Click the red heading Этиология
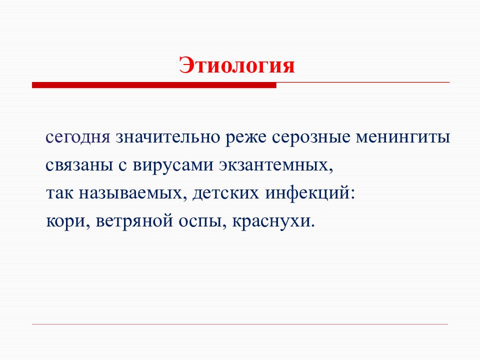(237, 65)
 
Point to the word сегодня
(77, 137)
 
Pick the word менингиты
(403, 137)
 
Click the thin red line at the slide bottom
(240, 324)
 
